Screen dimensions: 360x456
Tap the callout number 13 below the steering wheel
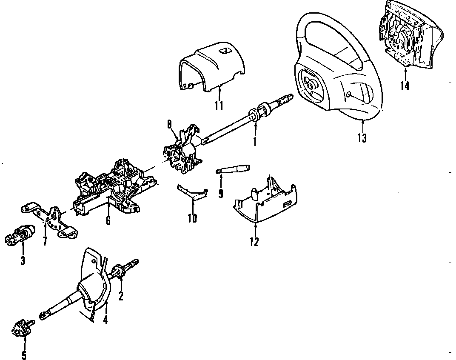tap(362, 137)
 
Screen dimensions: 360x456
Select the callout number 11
tap(219, 105)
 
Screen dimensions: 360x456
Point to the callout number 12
tap(254, 242)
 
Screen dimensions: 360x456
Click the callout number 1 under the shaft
tap(255, 141)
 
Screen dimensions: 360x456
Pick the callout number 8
tap(169, 125)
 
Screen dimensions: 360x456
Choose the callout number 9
tap(221, 194)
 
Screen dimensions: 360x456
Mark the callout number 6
tap(108, 220)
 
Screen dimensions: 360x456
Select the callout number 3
tap(23, 260)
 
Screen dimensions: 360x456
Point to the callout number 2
tap(121, 296)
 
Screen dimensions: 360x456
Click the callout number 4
tap(105, 319)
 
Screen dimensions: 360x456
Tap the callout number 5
tap(24, 355)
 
